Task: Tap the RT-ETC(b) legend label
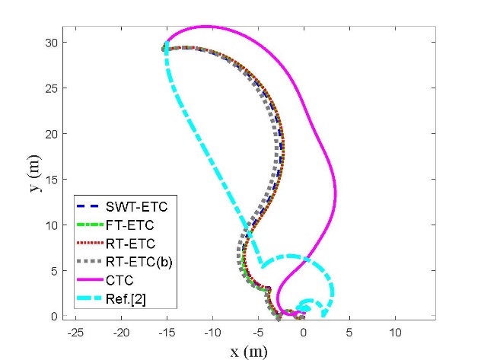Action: pyautogui.click(x=139, y=263)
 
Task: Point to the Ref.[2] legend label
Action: pyautogui.click(x=126, y=300)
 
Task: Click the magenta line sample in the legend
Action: pyautogui.click(x=90, y=282)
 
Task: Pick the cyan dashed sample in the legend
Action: pyautogui.click(x=90, y=300)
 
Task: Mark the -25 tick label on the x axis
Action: pyautogui.click(x=75, y=333)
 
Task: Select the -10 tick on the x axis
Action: pyautogui.click(x=212, y=333)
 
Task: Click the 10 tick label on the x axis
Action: pyautogui.click(x=395, y=333)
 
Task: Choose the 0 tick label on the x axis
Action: pyautogui.click(x=304, y=333)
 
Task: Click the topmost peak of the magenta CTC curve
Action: pyautogui.click(x=205, y=26)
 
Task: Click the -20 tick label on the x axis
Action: pyautogui.click(x=120, y=333)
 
